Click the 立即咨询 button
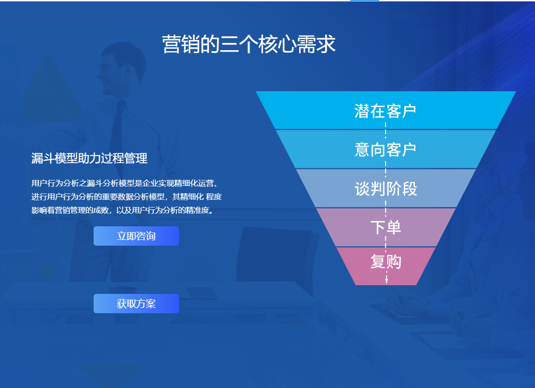pyautogui.click(x=136, y=236)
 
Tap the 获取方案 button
pyautogui.click(x=136, y=304)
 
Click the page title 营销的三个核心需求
pyautogui.click(x=248, y=44)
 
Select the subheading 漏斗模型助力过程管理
pyautogui.click(x=89, y=158)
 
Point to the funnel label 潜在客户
pyautogui.click(x=385, y=111)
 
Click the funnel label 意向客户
pyautogui.click(x=385, y=150)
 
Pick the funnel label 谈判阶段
pyautogui.click(x=385, y=189)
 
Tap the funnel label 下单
pyautogui.click(x=385, y=227)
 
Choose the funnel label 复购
pyautogui.click(x=385, y=262)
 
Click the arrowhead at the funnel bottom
pyautogui.click(x=386, y=281)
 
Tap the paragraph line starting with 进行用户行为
pyautogui.click(x=126, y=196)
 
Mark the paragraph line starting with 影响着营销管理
pyautogui.click(x=122, y=210)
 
